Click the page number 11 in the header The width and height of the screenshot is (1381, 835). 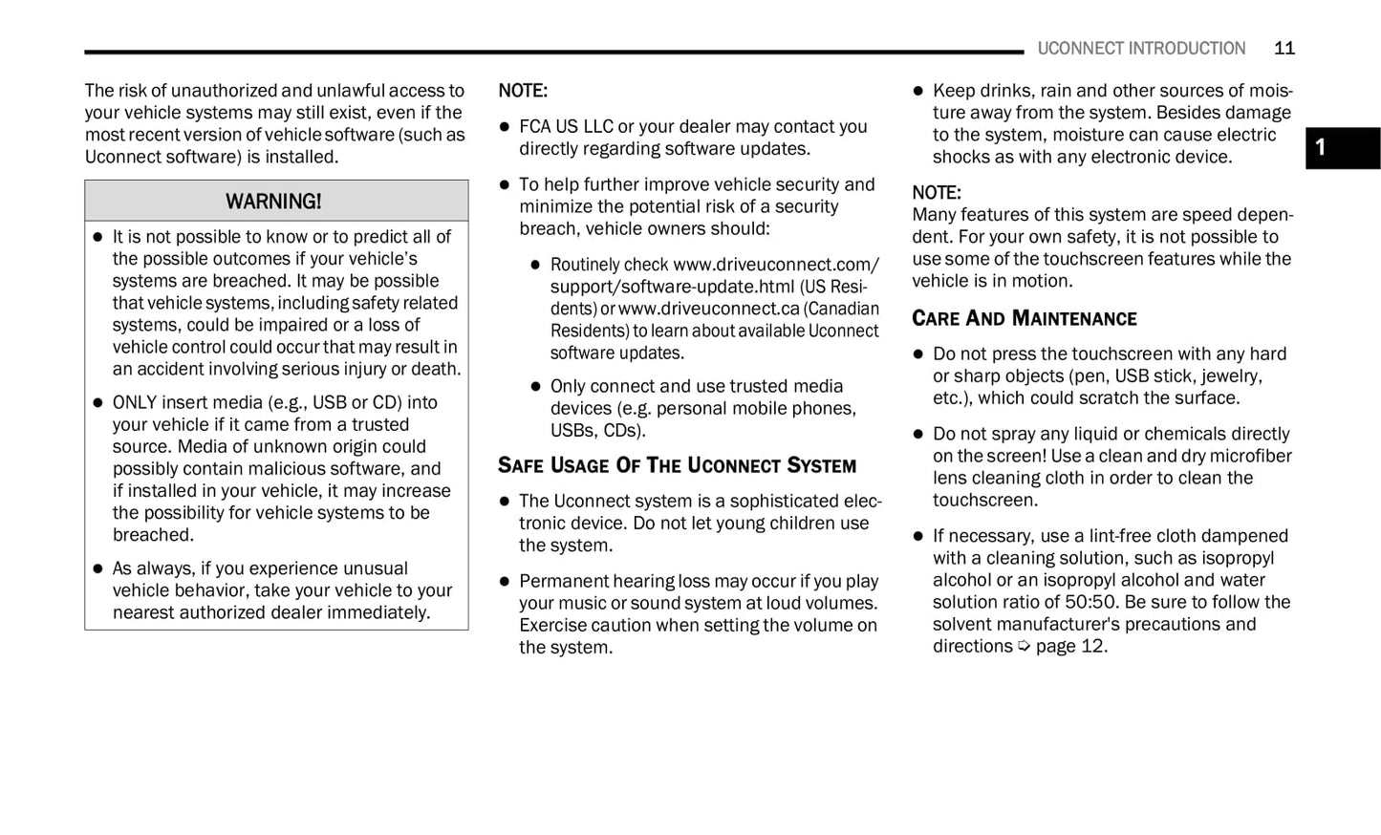[1284, 49]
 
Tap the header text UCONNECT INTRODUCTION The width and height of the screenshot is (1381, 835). [1141, 49]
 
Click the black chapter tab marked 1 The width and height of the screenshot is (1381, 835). [1342, 148]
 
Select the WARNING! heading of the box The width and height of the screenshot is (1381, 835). [273, 202]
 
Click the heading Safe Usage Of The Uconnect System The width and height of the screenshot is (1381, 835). [677, 466]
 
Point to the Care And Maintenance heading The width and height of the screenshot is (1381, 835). [1024, 319]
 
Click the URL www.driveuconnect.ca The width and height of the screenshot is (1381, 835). [708, 309]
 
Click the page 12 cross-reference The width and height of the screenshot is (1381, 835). [1070, 646]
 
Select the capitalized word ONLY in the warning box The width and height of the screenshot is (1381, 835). [135, 402]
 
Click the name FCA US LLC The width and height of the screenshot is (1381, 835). [566, 126]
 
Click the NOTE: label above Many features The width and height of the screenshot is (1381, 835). [936, 193]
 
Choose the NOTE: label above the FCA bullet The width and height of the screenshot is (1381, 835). [523, 92]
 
